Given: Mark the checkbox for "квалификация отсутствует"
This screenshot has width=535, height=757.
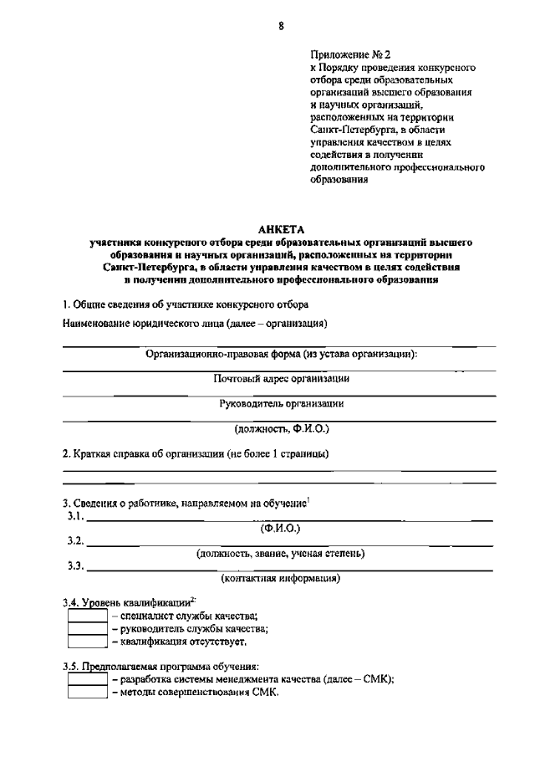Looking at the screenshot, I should [x=87, y=642].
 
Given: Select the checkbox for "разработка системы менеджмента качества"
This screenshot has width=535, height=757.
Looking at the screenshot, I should [x=87, y=680].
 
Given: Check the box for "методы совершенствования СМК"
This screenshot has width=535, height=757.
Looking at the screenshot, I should [x=87, y=693].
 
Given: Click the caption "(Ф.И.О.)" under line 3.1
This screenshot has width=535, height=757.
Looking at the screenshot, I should [x=281, y=529].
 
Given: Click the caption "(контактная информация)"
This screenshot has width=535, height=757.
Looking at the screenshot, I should [x=281, y=578].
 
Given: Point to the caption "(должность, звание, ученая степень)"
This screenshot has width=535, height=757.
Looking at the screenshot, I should [x=281, y=553].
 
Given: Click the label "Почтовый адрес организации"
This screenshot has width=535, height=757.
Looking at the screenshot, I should [x=281, y=378].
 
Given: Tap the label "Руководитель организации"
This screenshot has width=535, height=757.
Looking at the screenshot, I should [x=281, y=403].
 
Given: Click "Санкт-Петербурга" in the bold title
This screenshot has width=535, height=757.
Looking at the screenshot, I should [x=145, y=267].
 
